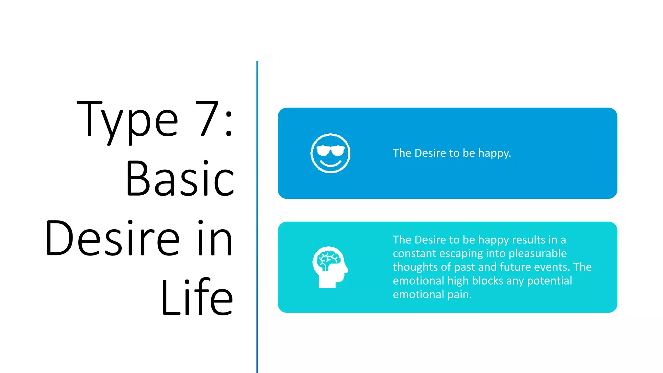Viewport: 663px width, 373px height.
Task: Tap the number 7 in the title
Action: point(207,118)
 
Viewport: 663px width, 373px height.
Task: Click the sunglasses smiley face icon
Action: point(330,153)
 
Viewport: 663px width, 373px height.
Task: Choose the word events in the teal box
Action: point(552,267)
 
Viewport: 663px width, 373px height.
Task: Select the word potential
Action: point(549,281)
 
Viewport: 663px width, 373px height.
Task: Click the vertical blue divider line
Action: point(257,217)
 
